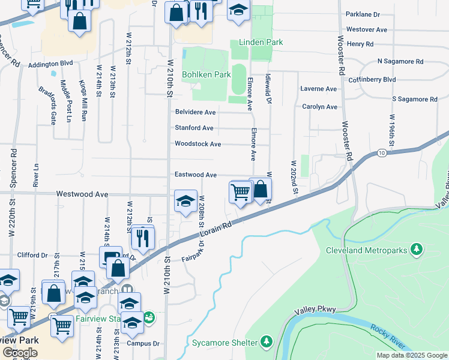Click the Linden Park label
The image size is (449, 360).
point(261,43)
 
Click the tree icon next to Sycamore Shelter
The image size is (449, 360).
point(267,343)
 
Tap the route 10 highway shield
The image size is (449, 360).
point(382,154)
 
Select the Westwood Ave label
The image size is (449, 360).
point(82,194)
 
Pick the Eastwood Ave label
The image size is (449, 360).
point(195,175)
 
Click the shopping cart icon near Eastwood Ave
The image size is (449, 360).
point(240,193)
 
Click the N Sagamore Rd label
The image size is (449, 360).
point(400,61)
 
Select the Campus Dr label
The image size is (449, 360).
point(146,344)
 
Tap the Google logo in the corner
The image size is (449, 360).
point(20,353)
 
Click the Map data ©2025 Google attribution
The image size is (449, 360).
point(411,355)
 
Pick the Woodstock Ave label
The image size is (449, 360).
point(197,144)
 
